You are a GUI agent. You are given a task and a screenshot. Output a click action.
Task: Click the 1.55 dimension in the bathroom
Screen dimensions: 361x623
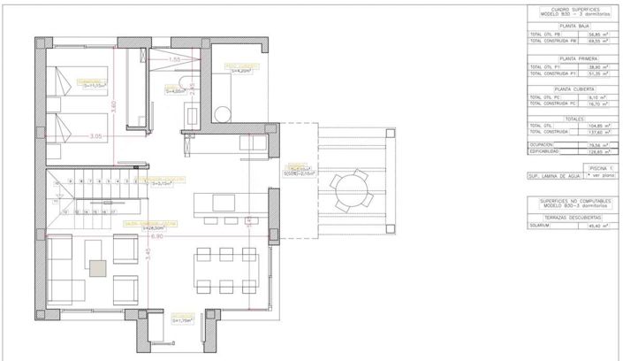pyautogui.click(x=174, y=59)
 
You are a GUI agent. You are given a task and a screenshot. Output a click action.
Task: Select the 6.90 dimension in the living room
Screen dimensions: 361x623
pyautogui.click(x=157, y=237)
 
